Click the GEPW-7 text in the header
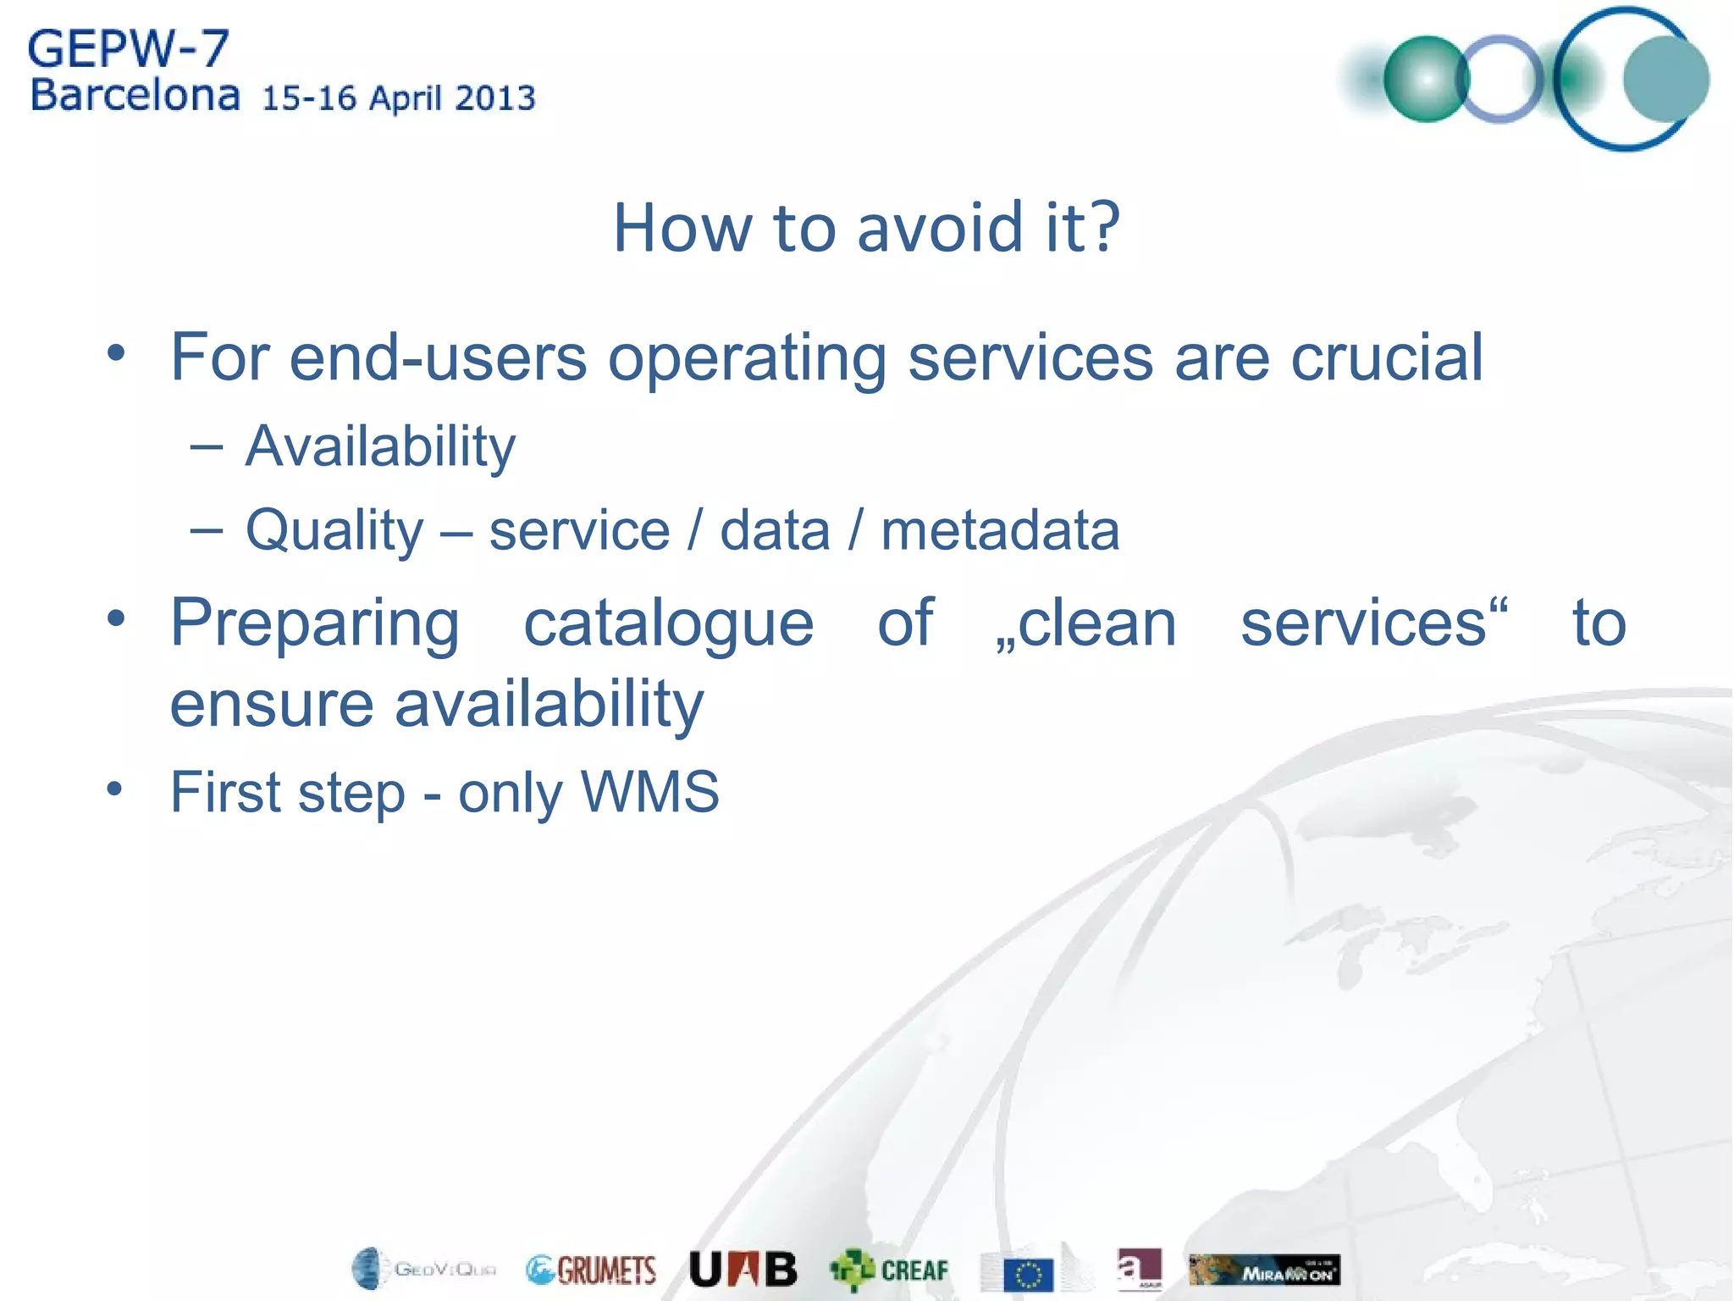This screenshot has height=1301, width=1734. pos(129,48)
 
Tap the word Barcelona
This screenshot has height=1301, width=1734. pos(135,96)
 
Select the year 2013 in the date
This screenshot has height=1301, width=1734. pos(495,98)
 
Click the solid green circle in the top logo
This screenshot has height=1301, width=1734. pos(1426,80)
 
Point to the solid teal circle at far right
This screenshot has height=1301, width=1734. pos(1665,80)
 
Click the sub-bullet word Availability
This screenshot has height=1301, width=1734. pos(380,446)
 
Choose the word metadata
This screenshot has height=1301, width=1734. pos(1000,531)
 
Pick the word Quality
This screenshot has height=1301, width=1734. pos(334,531)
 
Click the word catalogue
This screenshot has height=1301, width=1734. pos(669,623)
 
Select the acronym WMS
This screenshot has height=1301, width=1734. pos(650,792)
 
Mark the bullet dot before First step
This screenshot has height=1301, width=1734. pos(115,789)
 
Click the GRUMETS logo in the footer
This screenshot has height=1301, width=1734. pos(591,1270)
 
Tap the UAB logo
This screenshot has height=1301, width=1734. pos(743,1269)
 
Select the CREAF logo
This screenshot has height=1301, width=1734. pos(889,1270)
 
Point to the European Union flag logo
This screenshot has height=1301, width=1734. pos(1028,1274)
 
